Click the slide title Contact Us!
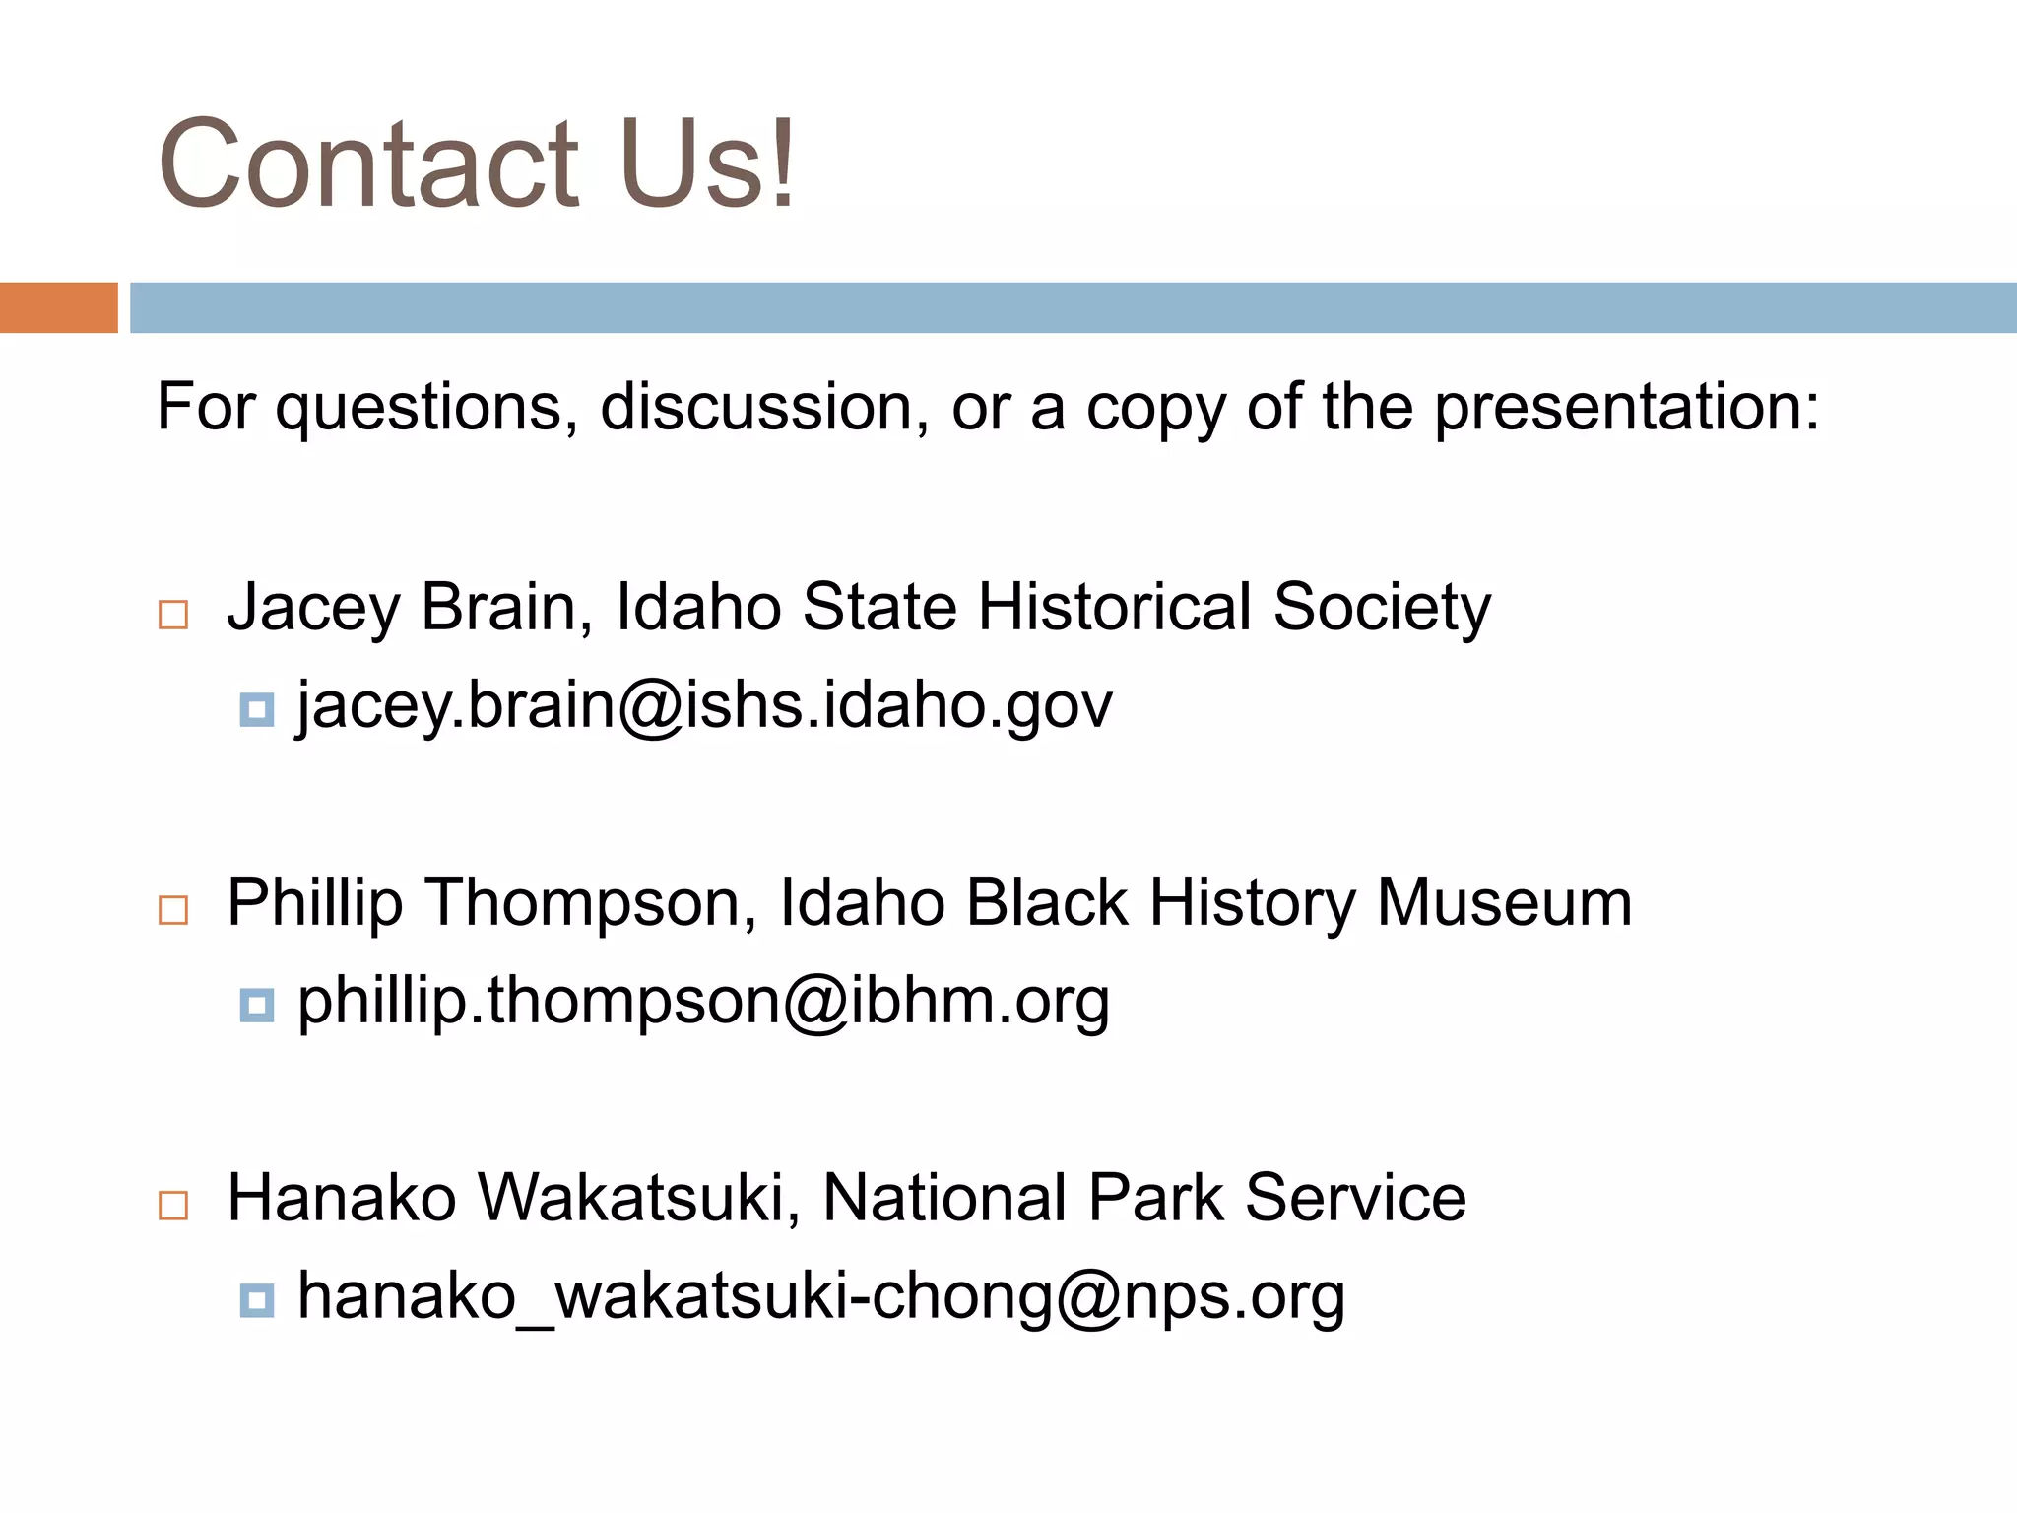click(477, 164)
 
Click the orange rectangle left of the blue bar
click(58, 307)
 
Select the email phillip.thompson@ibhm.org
click(704, 1002)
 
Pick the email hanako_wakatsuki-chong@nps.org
click(821, 1296)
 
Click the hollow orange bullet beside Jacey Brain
click(173, 615)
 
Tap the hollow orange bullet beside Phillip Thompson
click(173, 909)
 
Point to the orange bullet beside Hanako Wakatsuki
click(173, 1205)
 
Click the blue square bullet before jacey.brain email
click(257, 709)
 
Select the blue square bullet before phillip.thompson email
click(257, 1005)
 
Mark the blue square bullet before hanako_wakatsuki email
click(257, 1300)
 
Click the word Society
click(1382, 608)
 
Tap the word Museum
click(1504, 902)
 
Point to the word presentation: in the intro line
click(1626, 408)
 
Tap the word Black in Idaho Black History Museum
click(1046, 902)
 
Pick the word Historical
click(1114, 607)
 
